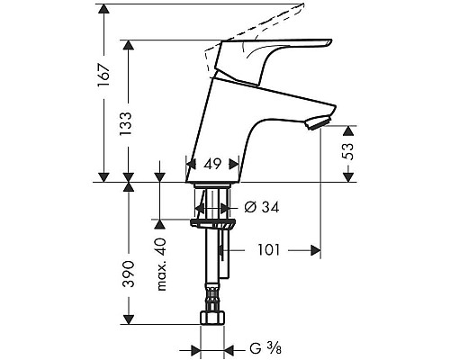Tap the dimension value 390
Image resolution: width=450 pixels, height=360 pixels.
[x=129, y=272]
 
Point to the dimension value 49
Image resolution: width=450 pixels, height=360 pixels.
[x=213, y=165]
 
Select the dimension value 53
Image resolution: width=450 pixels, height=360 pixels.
[x=348, y=154]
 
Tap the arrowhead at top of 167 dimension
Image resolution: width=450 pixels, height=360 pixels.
[x=103, y=10]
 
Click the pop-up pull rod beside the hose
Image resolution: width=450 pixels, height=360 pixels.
[x=226, y=256]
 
